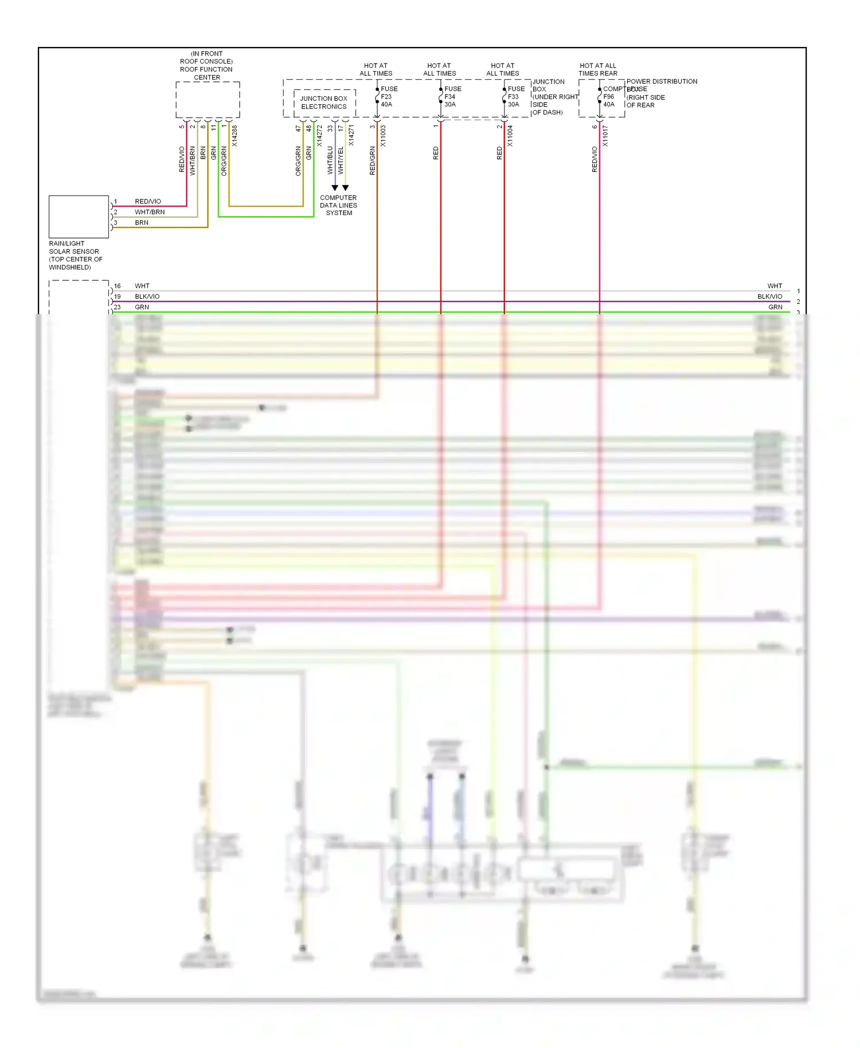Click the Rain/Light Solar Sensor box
tap(79, 217)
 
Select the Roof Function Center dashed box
tap(208, 100)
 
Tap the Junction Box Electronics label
tap(324, 103)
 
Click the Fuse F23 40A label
tap(389, 96)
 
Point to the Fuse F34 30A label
tap(452, 96)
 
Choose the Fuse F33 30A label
tap(515, 96)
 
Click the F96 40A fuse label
tap(609, 100)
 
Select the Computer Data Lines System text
tap(338, 205)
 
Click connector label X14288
tap(234, 136)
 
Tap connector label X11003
tap(383, 136)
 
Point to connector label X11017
tap(605, 136)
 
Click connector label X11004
tap(510, 136)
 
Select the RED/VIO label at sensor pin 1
tap(148, 201)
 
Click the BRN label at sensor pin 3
tap(142, 222)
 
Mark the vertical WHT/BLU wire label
tap(330, 160)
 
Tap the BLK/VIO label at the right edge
tap(769, 296)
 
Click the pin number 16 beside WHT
tap(117, 286)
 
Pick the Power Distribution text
tap(662, 81)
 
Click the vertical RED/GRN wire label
tap(372, 161)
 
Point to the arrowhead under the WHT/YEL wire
tap(346, 188)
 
